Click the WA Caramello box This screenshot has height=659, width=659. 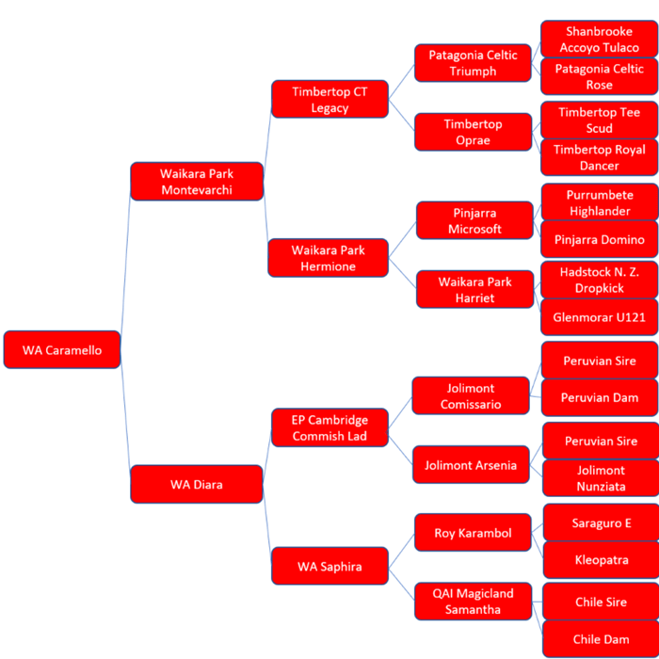click(x=62, y=350)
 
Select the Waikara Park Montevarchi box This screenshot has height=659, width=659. click(x=196, y=182)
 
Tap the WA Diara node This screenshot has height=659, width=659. click(x=196, y=484)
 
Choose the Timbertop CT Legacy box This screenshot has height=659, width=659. click(x=329, y=100)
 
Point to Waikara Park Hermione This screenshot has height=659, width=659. click(x=328, y=258)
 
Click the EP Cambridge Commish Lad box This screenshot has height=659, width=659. click(x=329, y=427)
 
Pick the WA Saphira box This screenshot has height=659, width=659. click(x=329, y=567)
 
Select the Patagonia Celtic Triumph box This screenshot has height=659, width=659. click(x=473, y=63)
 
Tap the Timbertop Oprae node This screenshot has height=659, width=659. click(x=473, y=132)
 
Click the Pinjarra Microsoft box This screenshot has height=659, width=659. click(x=474, y=220)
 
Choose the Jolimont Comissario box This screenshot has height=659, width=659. click(x=471, y=396)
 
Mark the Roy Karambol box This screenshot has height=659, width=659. click(x=473, y=533)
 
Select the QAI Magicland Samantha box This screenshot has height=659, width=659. click(x=473, y=602)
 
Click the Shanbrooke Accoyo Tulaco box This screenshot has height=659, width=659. click(x=599, y=39)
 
